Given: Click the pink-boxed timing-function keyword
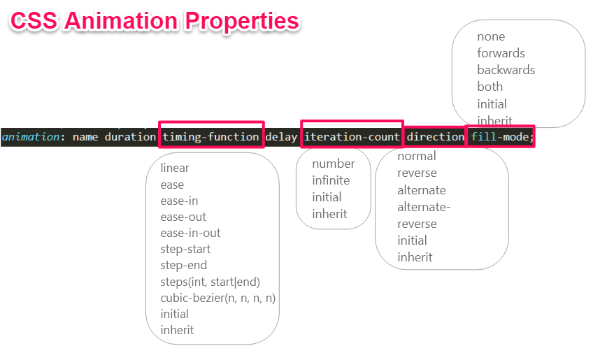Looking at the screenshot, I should [x=210, y=137].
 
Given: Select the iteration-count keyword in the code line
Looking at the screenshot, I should [x=352, y=137].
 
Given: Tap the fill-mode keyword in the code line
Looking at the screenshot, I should [x=501, y=137].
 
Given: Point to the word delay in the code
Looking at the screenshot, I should [x=281, y=137].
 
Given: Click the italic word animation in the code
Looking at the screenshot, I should [x=30, y=137].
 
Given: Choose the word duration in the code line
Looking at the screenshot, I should [x=130, y=137].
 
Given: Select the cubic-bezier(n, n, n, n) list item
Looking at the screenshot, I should [x=217, y=298].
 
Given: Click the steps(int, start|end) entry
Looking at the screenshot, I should [x=210, y=282].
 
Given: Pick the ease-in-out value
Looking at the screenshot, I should [x=190, y=233].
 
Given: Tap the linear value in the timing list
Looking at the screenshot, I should [x=175, y=168].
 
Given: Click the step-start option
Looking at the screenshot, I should [x=185, y=249].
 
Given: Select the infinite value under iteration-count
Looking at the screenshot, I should [x=331, y=180].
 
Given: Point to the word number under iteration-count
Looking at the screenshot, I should [x=333, y=164].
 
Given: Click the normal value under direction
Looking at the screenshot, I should [x=416, y=156].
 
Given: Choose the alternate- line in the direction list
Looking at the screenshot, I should [x=424, y=207].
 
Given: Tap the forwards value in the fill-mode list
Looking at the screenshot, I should [x=501, y=53].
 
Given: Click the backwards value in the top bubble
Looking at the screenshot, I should [x=506, y=70].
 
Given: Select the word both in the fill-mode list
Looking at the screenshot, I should [x=490, y=87].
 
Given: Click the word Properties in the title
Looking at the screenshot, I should [x=242, y=21].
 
